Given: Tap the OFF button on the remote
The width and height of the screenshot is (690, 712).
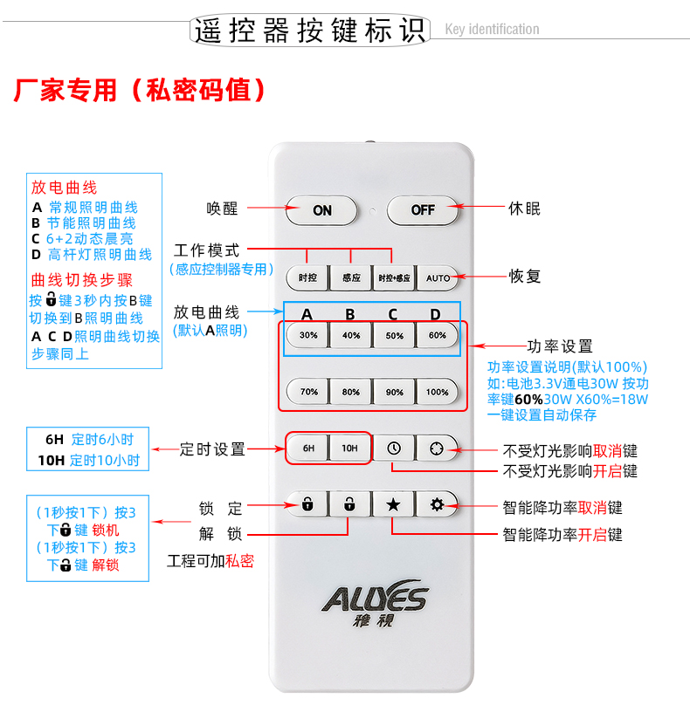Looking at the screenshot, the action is point(422,210).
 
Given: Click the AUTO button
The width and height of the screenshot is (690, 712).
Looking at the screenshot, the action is point(438,277).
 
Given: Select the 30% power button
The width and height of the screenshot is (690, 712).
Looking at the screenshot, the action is point(307,336).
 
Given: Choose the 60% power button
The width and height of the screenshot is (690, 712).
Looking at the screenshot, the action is point(438,336).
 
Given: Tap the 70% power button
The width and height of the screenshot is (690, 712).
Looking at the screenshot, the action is point(307,392).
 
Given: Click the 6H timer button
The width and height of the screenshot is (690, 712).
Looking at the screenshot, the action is point(307,448).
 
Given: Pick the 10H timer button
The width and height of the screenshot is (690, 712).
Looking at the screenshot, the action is point(349,448).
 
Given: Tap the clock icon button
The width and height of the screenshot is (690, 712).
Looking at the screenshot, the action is point(394,448).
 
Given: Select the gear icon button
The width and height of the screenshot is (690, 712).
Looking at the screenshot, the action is point(438,504).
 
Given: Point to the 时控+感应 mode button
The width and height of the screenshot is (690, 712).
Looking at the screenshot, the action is point(394,277).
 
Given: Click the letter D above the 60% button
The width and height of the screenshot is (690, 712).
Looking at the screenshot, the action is point(435,314).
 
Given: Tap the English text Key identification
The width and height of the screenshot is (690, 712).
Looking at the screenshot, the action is point(492,29).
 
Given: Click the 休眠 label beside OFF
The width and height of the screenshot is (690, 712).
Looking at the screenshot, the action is point(524,209).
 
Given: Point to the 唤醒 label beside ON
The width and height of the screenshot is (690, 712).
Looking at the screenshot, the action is point(222,209).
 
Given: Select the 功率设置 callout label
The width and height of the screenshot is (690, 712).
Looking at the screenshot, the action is point(560,346).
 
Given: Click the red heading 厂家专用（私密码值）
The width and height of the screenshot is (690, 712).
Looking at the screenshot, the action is point(140,90).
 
